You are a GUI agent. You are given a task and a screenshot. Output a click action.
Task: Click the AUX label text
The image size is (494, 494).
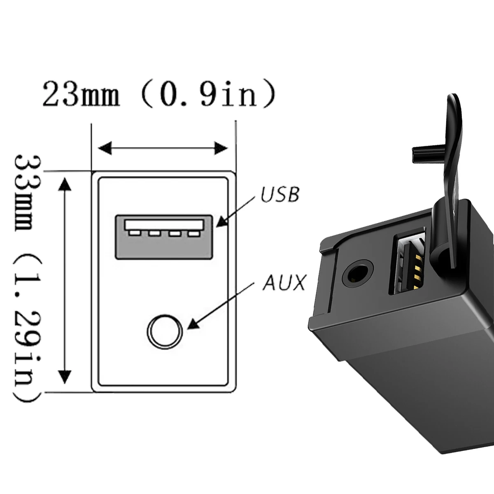click(x=284, y=283)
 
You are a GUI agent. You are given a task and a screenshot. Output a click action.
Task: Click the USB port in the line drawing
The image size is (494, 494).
click(x=163, y=237)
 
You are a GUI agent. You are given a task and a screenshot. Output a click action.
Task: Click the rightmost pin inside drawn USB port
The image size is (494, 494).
click(x=193, y=234)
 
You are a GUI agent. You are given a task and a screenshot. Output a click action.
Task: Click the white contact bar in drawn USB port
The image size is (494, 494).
click(x=164, y=224)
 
